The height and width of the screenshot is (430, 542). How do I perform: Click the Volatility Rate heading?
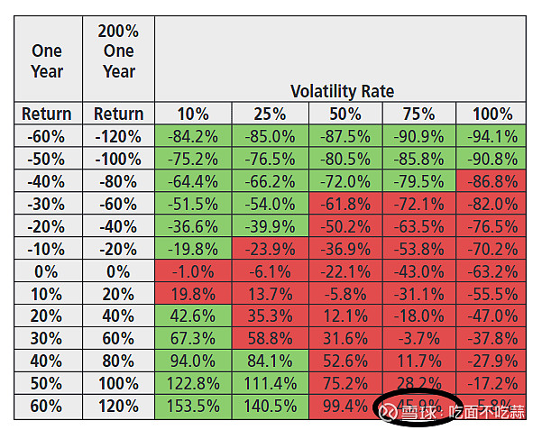click(342, 91)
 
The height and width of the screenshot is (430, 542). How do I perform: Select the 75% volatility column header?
click(418, 114)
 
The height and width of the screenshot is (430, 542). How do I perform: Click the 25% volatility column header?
click(269, 114)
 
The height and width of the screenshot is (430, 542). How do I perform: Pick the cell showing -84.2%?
click(193, 136)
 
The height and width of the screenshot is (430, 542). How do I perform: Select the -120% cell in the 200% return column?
click(118, 136)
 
